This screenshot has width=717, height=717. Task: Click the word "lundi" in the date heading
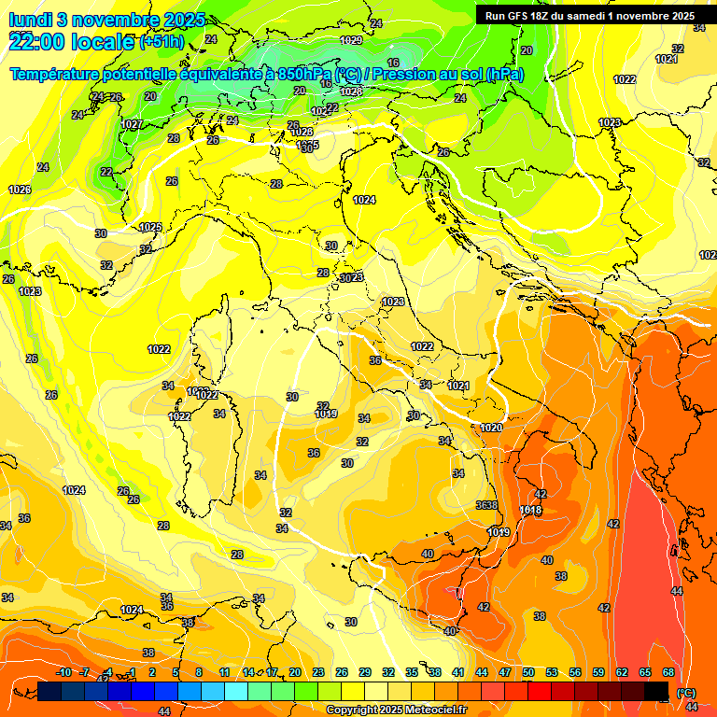(31, 20)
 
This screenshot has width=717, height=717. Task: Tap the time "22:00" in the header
(38, 41)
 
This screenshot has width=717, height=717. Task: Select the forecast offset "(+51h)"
(163, 42)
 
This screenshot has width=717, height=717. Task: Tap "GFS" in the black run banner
(522, 16)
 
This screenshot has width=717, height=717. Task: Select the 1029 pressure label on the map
(351, 40)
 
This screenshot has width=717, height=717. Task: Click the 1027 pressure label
(132, 124)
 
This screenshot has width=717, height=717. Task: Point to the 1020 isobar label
(492, 428)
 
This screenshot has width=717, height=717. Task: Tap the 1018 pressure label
(530, 511)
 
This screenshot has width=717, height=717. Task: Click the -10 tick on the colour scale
(63, 672)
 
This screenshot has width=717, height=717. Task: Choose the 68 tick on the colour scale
(668, 672)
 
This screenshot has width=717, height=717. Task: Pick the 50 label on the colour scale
(527, 672)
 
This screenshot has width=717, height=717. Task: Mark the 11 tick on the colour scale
(224, 672)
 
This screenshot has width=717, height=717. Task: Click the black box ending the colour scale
(656, 690)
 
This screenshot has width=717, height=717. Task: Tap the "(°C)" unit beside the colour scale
(684, 692)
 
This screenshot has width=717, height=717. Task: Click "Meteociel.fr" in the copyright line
(432, 710)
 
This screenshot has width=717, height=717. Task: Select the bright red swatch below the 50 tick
(539, 690)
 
